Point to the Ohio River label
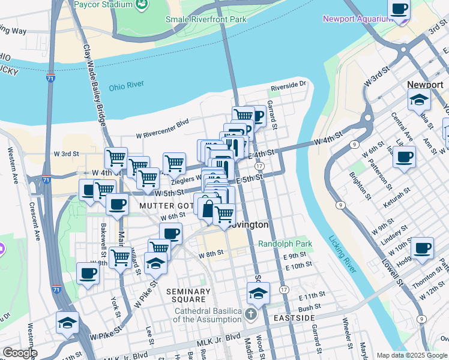pos(126,87)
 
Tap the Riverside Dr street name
pos(288,86)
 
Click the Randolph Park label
pos(285,244)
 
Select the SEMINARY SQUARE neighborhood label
pos(188,296)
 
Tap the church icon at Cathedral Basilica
pos(251,314)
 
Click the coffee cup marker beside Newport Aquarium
pos(399,10)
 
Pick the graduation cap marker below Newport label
pos(419,100)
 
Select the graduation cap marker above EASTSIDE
pos(258,293)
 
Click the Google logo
pos(19,353)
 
